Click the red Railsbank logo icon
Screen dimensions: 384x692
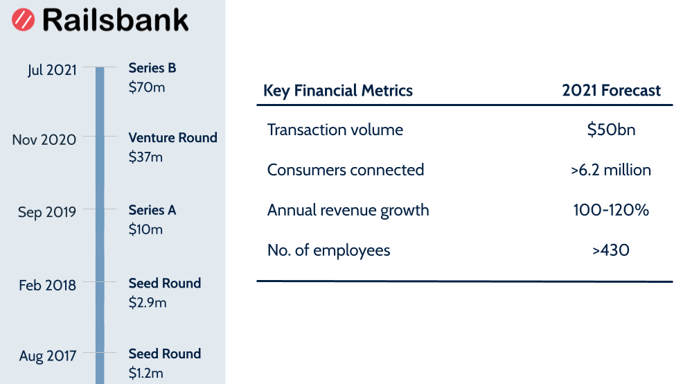coord(24,20)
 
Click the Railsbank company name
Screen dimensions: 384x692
coord(115,20)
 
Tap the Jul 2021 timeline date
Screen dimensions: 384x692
coord(52,70)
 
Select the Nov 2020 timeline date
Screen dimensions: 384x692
coord(44,139)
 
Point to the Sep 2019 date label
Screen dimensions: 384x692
coord(47,212)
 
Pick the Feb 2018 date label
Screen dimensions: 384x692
coord(47,285)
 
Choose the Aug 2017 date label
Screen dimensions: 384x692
coord(47,356)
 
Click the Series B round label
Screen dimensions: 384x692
coord(152,68)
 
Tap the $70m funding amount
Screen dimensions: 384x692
coord(147,87)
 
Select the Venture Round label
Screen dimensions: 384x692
coord(173,137)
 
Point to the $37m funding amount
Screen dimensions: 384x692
coord(146,157)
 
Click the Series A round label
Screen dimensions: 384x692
coord(152,210)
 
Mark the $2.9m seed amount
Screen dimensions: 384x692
coord(148,302)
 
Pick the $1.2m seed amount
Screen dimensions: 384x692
coord(146,374)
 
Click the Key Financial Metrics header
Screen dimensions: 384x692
coord(338,90)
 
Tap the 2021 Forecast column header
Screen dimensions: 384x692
coord(611,90)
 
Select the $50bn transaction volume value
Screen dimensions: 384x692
coord(611,130)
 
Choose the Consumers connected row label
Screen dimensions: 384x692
coord(346,170)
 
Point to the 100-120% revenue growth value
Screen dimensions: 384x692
coord(611,210)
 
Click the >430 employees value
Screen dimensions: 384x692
coord(611,250)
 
